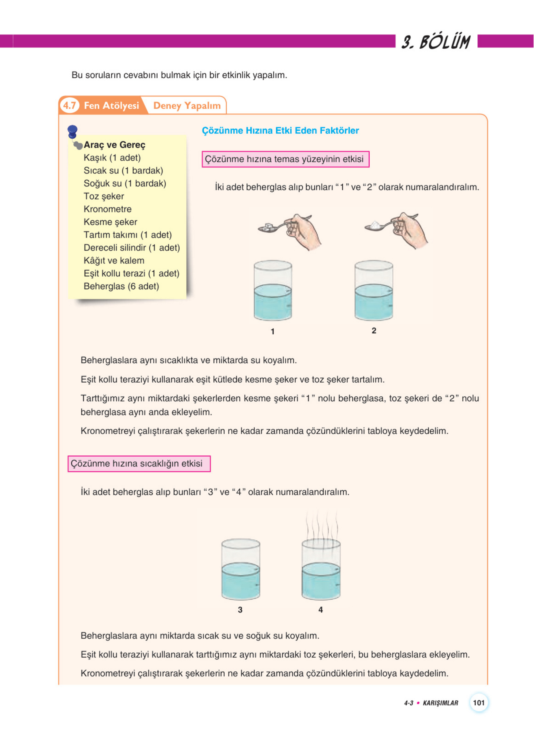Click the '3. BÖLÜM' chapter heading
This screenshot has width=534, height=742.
(436, 42)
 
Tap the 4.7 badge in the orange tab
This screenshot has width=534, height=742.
(69, 105)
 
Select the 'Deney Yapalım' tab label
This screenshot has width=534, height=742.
(187, 106)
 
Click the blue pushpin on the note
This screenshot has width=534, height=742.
(72, 132)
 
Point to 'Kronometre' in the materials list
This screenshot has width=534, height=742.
(108, 209)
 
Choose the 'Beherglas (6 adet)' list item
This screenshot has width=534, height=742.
(121, 286)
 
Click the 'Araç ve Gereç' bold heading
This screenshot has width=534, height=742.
(114, 144)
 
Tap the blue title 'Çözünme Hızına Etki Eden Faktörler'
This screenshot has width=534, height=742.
(280, 130)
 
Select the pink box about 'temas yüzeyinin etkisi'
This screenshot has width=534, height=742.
(285, 159)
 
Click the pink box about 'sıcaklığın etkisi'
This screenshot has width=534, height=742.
(139, 463)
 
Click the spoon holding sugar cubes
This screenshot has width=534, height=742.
(269, 227)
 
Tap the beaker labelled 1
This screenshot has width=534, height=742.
(273, 290)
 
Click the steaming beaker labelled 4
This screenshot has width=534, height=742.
(321, 570)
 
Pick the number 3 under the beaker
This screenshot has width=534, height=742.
(240, 610)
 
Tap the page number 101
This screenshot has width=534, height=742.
(478, 703)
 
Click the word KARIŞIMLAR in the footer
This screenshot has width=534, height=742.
(440, 703)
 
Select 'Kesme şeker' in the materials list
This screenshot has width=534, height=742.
(110, 222)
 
